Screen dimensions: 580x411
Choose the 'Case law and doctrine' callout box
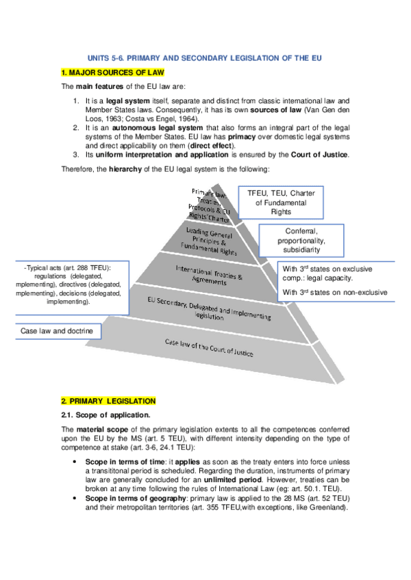[x=57, y=331]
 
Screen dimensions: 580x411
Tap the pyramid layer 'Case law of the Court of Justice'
[x=209, y=349]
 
